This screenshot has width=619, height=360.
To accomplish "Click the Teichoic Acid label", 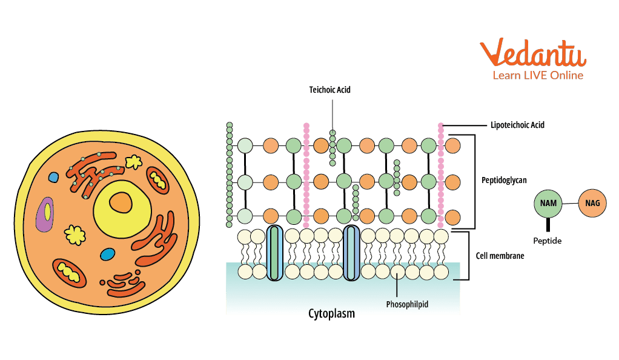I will (x=330, y=90).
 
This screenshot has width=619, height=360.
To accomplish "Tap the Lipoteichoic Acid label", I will (x=517, y=125).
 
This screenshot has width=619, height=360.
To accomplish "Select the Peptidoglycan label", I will (x=504, y=180).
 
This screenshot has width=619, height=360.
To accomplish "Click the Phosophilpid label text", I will (x=407, y=304).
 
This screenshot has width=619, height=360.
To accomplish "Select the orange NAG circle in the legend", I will (x=593, y=203).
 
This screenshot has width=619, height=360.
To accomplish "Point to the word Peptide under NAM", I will (x=548, y=241).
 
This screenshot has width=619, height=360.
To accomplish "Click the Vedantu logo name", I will (x=534, y=55).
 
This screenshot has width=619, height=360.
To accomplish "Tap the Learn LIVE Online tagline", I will (x=537, y=76).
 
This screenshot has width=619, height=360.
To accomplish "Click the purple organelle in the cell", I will (x=45, y=215).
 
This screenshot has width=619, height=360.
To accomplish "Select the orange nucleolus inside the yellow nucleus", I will (x=121, y=202).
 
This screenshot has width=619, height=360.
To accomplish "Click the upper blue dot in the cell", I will (x=54, y=178).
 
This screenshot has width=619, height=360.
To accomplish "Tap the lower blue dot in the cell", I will (x=107, y=254).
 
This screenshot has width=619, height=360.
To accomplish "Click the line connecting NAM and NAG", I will (x=571, y=204).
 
